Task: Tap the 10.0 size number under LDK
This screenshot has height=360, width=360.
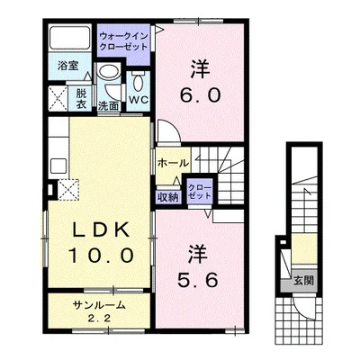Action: pos(101,256)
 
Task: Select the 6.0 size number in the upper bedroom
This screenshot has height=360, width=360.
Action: pos(201,96)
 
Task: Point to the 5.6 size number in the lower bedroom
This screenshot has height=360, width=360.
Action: pos(198,281)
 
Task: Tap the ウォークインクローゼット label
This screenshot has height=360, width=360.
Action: pos(124,41)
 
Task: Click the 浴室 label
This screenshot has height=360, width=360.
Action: pos(68,66)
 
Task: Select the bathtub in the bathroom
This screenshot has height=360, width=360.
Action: pos(70,38)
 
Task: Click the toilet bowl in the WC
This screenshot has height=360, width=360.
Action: pos(138,82)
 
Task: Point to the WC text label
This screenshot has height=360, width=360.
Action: pos(139,100)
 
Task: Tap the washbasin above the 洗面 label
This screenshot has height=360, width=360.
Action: pos(109,72)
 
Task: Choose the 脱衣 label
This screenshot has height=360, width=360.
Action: pos(81,99)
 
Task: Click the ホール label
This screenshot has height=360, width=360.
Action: pos(173,163)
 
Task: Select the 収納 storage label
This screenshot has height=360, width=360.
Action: pos(168,197)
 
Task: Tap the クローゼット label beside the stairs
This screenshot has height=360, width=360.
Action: pos(200,192)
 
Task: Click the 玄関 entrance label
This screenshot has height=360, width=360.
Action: pos(303,281)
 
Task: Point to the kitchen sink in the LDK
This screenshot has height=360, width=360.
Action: pos(58,166)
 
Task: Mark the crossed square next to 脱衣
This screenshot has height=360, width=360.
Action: pos(58,98)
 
